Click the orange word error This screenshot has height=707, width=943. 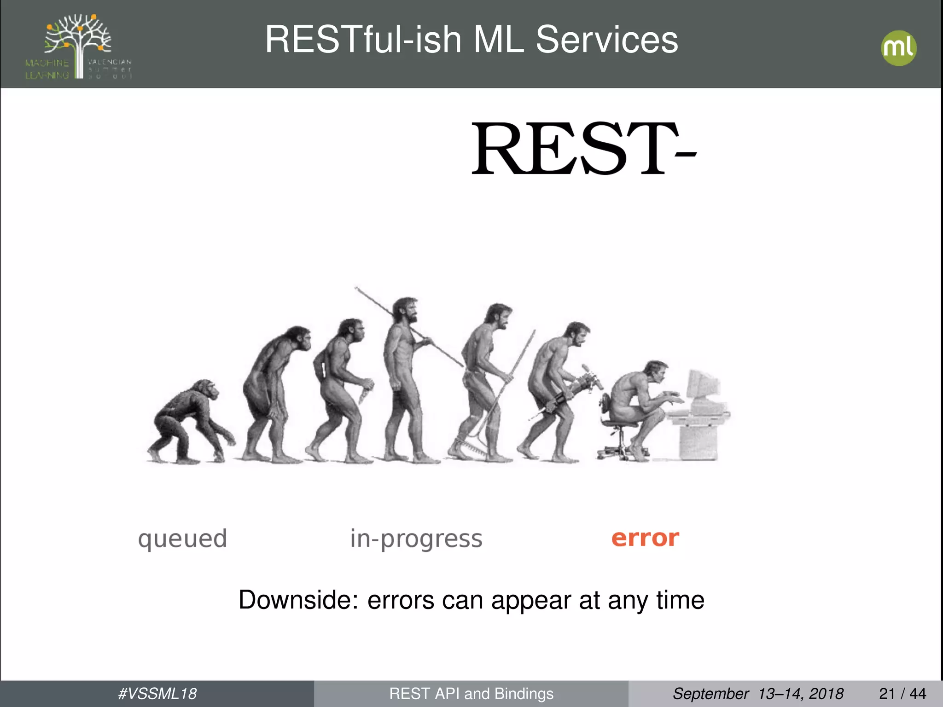(645, 538)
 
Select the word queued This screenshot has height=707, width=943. (182, 539)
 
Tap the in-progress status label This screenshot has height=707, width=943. (416, 539)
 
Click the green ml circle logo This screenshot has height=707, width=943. (898, 48)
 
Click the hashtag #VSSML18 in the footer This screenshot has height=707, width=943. (157, 694)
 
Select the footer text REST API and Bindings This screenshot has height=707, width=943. (471, 694)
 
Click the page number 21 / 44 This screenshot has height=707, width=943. (902, 694)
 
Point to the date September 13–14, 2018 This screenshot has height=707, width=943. (758, 694)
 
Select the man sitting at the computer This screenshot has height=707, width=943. (638, 405)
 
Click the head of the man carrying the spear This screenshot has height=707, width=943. (407, 310)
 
